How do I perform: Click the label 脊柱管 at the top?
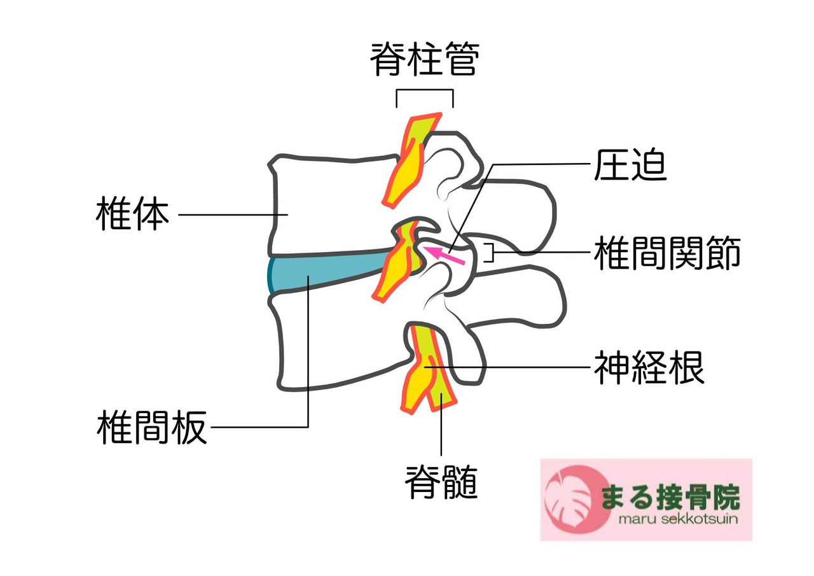tap(424, 60)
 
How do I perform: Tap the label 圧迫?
tap(630, 165)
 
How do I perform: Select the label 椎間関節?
tap(667, 253)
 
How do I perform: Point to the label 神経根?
tap(649, 368)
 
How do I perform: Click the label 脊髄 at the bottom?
tap(441, 483)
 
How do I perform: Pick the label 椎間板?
tap(152, 427)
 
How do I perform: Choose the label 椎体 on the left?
tap(132, 214)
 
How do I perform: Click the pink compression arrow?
tap(445, 255)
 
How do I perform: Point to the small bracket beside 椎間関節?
tap(490, 253)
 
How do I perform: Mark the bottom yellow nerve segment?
tap(423, 369)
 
